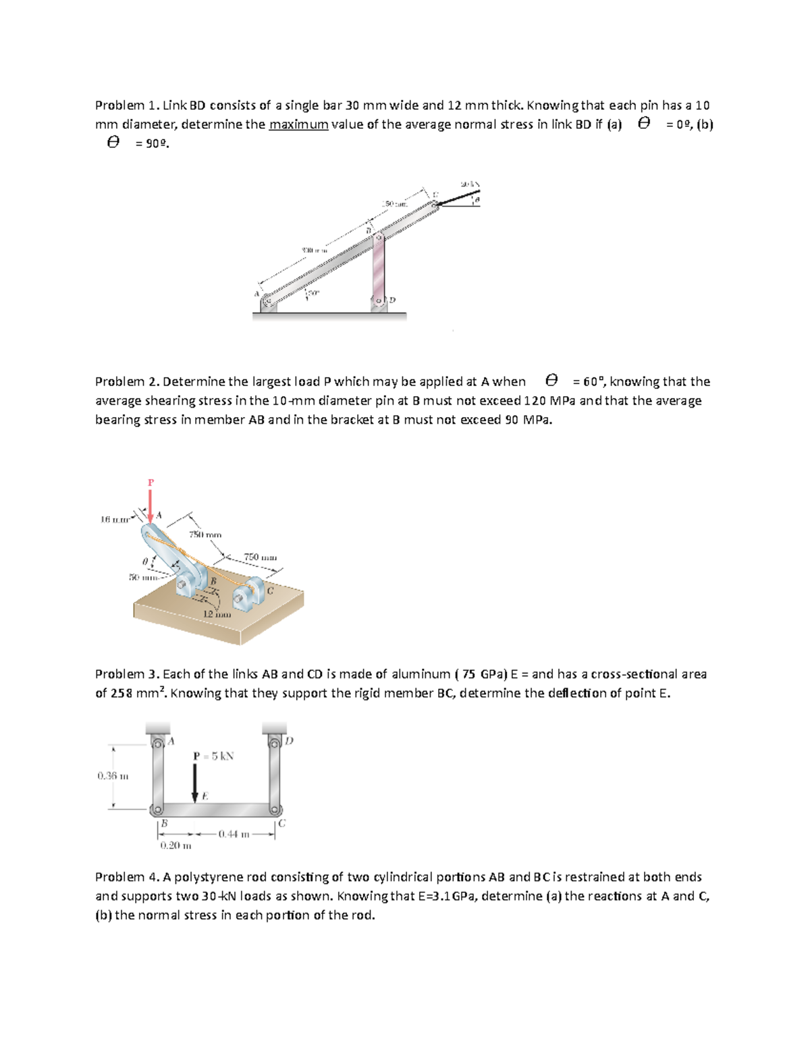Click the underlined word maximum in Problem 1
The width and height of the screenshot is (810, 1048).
point(298,124)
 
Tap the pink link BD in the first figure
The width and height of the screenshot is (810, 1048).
point(379,266)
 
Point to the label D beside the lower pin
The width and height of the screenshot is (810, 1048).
point(392,300)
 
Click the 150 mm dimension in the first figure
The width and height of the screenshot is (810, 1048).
point(395,203)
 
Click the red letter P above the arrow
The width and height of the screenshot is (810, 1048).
point(151,482)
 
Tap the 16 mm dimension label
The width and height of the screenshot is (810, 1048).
point(114,519)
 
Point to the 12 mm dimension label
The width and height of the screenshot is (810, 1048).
point(217,614)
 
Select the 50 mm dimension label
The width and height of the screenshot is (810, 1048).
point(142,577)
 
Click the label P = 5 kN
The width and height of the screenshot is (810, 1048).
point(213,756)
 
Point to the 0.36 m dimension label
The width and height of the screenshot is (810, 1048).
point(113,776)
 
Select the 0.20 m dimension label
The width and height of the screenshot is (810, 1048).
point(175,846)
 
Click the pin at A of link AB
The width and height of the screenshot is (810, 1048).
point(157,744)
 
